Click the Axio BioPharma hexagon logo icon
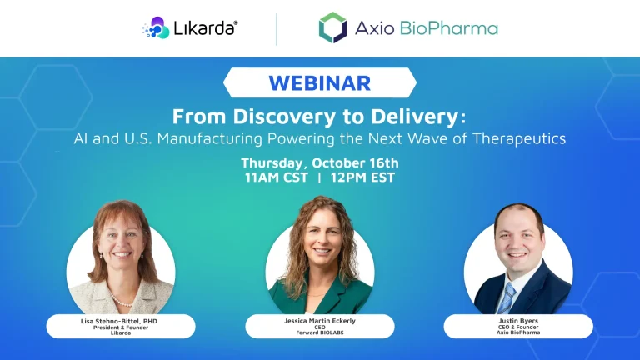pos(332,27)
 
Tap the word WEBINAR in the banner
pos(320,83)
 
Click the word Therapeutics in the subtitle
pos(518,138)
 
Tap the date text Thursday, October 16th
pos(320,162)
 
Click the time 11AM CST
pos(275,177)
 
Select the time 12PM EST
pos(363,177)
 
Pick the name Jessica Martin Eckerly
pos(320,319)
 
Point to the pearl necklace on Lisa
pos(122,298)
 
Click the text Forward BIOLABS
pos(320,332)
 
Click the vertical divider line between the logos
pos(277,28)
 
